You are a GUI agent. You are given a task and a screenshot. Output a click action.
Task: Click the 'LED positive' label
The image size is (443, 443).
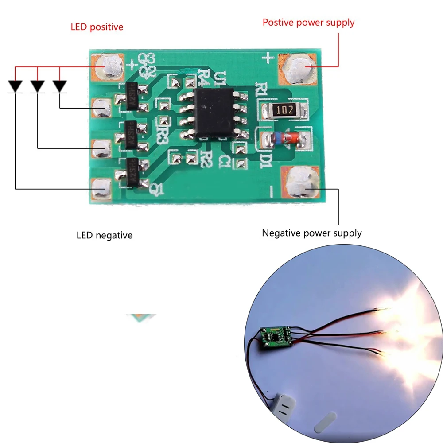click(x=97, y=27)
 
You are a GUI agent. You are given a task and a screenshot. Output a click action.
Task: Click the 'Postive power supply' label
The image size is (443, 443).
click(x=308, y=22)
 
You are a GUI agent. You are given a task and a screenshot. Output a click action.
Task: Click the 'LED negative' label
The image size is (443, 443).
click(x=105, y=235)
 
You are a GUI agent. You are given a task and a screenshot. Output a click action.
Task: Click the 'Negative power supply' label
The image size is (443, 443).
click(x=311, y=233)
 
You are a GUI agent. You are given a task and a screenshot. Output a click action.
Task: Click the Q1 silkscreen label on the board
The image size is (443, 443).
click(x=157, y=190)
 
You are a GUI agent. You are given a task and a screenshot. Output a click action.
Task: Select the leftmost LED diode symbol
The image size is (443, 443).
click(x=16, y=85)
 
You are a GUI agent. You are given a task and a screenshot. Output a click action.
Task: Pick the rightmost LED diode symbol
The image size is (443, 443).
click(x=59, y=85)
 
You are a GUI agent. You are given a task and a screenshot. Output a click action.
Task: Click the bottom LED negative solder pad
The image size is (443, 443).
click(x=101, y=188)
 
